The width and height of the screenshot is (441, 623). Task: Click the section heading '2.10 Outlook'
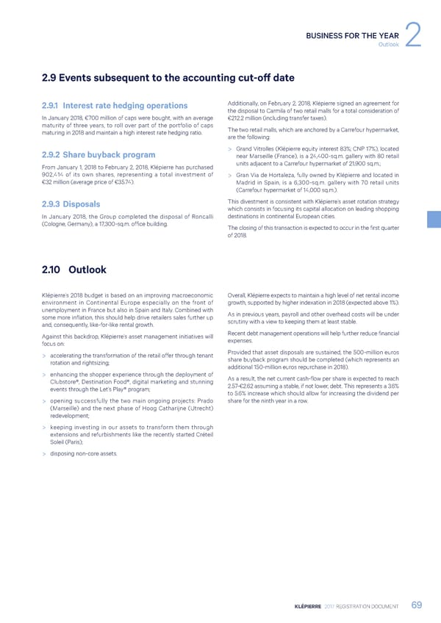tap(74, 270)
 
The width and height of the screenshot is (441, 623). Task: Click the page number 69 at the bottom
tap(416, 605)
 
